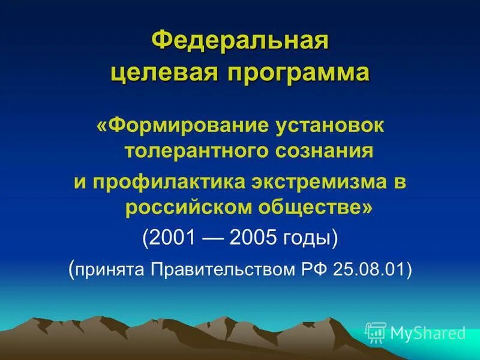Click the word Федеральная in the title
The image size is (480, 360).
240,43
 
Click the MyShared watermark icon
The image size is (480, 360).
376,332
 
